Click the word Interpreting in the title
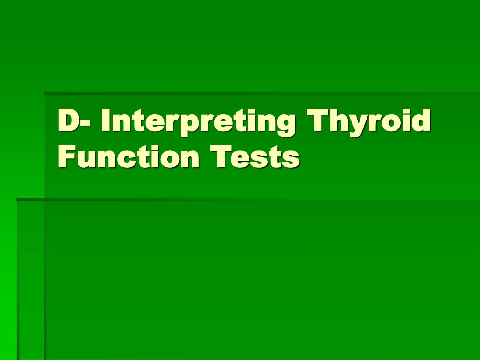tap(198, 121)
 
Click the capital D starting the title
tap(68, 121)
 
